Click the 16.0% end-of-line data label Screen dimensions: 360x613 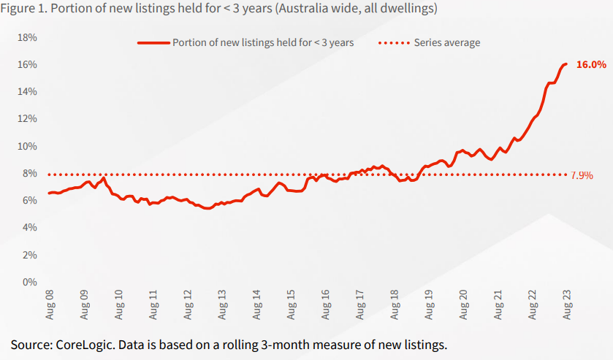[591, 64]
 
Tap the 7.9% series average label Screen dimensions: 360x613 [582, 175]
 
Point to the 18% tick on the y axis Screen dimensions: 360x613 [27, 37]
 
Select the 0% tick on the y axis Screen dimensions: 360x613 [30, 282]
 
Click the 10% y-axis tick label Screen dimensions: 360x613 [27, 146]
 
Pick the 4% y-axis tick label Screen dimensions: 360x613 [30, 227]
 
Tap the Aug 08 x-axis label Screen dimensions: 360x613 [50, 305]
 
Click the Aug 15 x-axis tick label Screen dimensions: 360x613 [292, 305]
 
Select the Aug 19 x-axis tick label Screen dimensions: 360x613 [429, 305]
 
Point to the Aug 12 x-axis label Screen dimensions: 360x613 [188, 305]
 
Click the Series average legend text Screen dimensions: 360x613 [447, 42]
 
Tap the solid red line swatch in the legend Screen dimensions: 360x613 [153, 43]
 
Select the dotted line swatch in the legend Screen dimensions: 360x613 [394, 43]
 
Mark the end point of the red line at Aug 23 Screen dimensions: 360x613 [566, 64]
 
